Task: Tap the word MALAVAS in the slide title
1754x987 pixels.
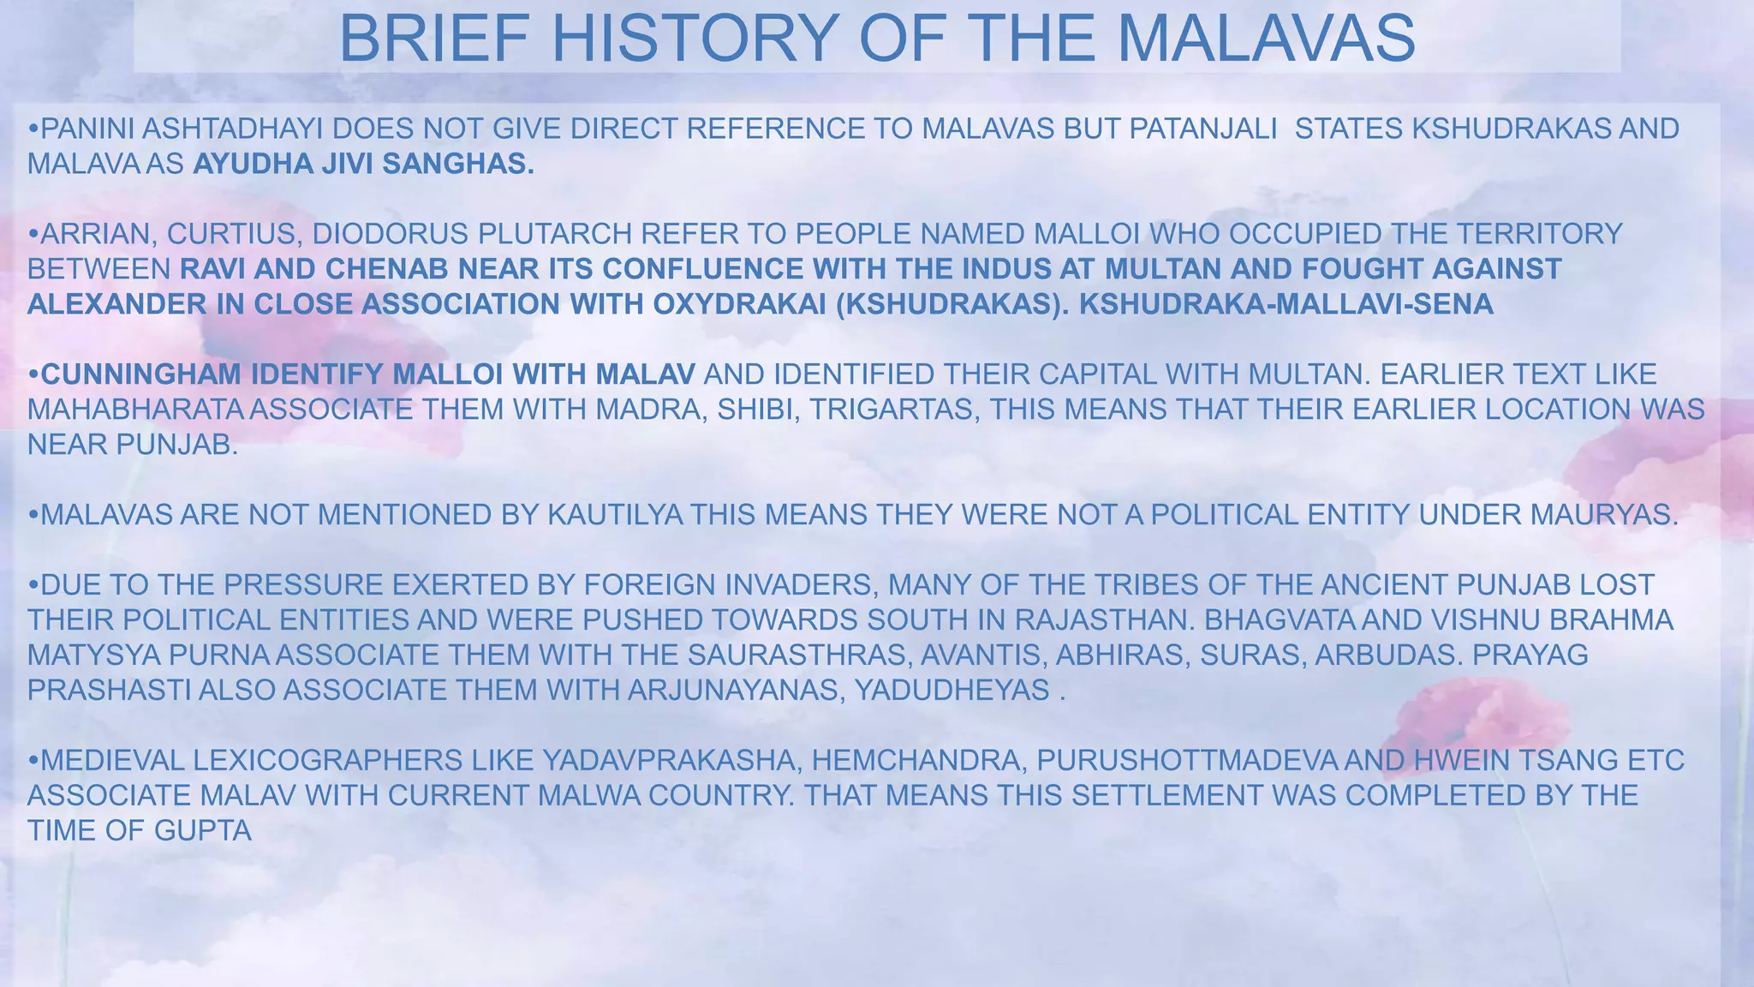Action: click(1266, 39)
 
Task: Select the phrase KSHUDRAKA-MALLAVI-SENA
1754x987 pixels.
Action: click(1286, 304)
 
